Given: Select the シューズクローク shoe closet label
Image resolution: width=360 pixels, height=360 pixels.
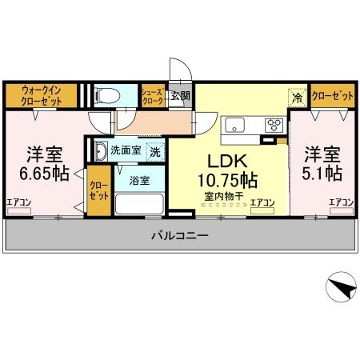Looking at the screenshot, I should point(152,96).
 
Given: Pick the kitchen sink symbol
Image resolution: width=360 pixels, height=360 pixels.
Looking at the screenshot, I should point(237,124).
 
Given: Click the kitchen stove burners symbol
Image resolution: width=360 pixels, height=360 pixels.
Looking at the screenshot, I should point(274,124).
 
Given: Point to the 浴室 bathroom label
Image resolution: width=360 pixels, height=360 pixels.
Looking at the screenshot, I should point(139,180).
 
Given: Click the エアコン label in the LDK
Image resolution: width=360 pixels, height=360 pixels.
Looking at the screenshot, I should point(262,202).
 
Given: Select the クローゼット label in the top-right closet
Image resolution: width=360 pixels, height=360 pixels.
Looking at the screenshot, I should point(332,95).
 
